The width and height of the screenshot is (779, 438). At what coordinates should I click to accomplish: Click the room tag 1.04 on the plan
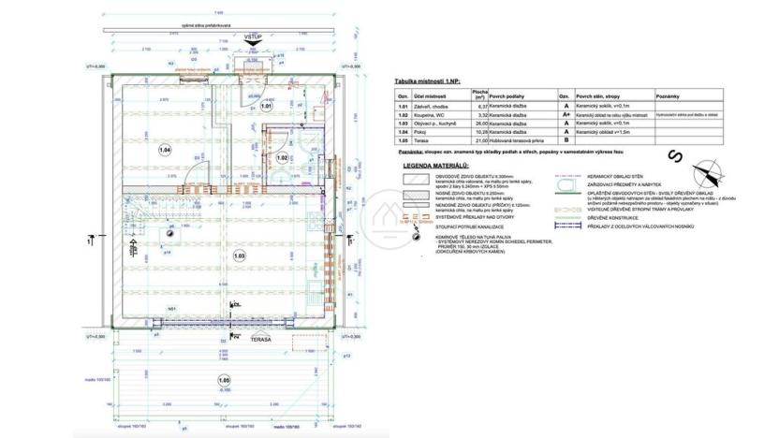tap(165, 150)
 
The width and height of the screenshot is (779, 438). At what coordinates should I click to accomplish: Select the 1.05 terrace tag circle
tap(223, 379)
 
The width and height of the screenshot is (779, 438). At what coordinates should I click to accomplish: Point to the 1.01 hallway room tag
tap(266, 107)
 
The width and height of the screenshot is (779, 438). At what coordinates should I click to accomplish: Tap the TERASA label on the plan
tap(259, 340)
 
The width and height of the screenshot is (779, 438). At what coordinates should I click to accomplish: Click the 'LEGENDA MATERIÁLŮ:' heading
tap(435, 165)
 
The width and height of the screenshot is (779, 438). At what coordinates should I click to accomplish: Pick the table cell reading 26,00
tap(507, 123)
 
